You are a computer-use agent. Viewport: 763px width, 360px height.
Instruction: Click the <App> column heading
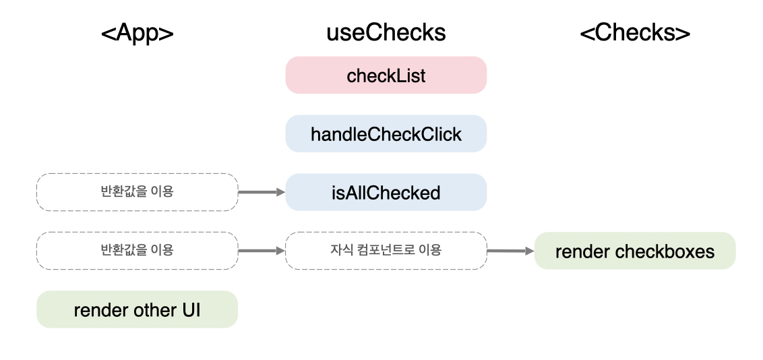pyautogui.click(x=138, y=33)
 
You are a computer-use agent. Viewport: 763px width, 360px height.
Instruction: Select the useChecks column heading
pyautogui.click(x=386, y=33)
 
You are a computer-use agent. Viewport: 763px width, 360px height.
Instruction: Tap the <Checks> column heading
pyautogui.click(x=635, y=33)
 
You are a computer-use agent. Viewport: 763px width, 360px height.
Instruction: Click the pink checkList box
pyautogui.click(x=386, y=75)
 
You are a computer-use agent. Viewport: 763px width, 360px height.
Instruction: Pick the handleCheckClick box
pyautogui.click(x=386, y=133)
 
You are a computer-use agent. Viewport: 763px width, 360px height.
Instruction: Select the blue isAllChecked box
pyautogui.click(x=386, y=192)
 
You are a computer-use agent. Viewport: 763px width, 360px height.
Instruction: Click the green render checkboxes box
pyautogui.click(x=635, y=251)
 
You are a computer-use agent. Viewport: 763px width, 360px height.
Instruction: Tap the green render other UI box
pyautogui.click(x=138, y=309)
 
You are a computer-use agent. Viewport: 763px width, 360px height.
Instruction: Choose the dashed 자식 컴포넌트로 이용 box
pyautogui.click(x=386, y=251)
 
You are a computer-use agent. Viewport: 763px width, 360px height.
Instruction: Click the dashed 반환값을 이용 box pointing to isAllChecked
pyautogui.click(x=138, y=192)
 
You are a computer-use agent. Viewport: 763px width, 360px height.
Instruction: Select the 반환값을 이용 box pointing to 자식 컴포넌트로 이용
pyautogui.click(x=138, y=251)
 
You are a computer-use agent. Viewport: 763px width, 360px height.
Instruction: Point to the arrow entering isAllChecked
pyautogui.click(x=262, y=192)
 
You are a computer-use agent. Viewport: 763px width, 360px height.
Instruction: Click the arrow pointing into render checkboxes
pyautogui.click(x=511, y=251)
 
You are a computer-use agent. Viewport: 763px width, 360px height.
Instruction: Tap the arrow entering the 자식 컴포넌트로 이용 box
pyautogui.click(x=262, y=251)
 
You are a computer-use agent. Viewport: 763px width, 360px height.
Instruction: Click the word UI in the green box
pyautogui.click(x=191, y=310)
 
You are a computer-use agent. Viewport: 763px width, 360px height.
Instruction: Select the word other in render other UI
pyautogui.click(x=156, y=310)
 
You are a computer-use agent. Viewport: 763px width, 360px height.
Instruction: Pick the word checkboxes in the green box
pyautogui.click(x=665, y=251)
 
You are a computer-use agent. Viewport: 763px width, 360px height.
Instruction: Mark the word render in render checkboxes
pyautogui.click(x=582, y=252)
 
